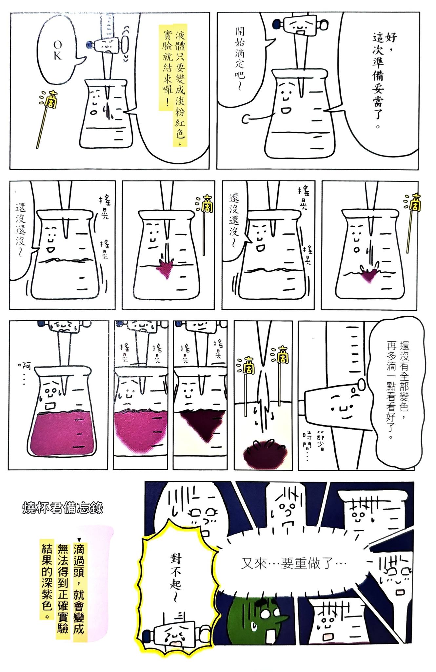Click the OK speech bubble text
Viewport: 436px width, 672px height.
coord(57,50)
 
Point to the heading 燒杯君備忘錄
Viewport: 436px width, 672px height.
coord(63,508)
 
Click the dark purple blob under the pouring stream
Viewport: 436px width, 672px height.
coord(265,453)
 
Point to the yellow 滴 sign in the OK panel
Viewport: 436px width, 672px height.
coord(51,99)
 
